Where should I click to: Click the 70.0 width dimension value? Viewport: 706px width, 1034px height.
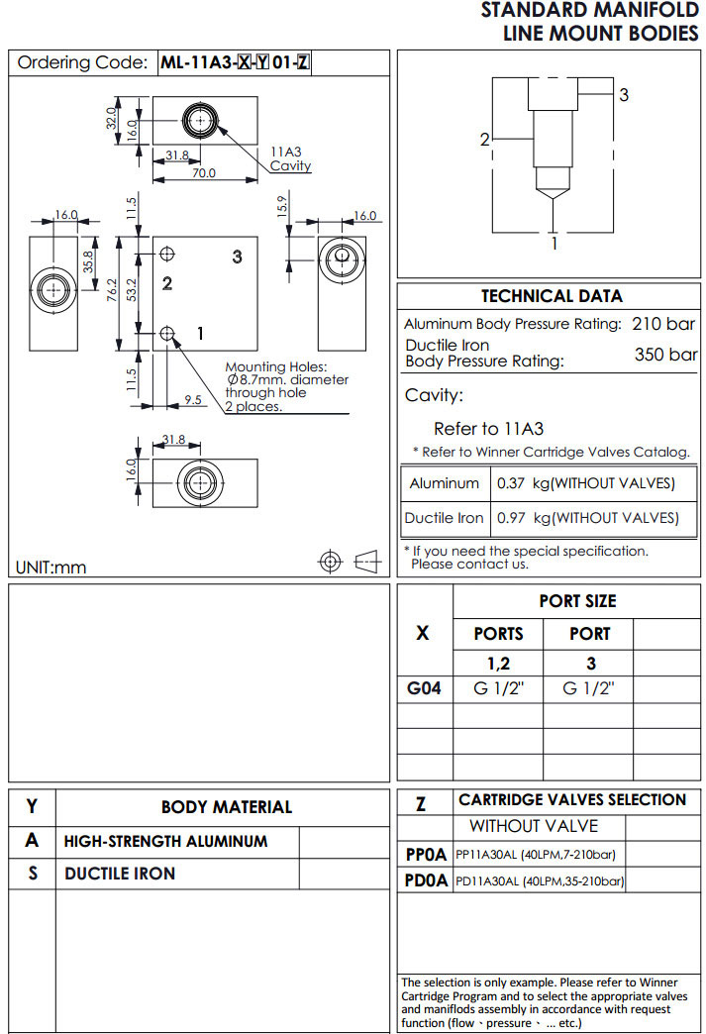point(204,173)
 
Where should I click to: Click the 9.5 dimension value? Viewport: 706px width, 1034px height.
point(194,401)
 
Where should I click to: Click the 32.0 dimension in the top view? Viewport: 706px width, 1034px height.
point(112,119)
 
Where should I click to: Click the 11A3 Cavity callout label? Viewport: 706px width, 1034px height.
point(290,159)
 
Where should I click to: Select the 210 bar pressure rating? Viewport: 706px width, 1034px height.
point(663,324)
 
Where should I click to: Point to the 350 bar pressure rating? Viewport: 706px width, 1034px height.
point(665,355)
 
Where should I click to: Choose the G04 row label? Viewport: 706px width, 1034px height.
point(424,688)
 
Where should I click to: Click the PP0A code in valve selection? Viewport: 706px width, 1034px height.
point(426,854)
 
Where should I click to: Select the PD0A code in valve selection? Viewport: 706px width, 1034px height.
point(426,880)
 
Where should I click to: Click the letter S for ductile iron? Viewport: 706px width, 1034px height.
point(33,874)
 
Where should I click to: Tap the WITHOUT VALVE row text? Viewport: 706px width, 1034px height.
point(534,826)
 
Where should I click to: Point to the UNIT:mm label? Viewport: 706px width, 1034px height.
point(51,568)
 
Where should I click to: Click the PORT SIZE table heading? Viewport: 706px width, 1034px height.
point(577,601)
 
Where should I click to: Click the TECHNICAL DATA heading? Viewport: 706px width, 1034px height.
point(552,296)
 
